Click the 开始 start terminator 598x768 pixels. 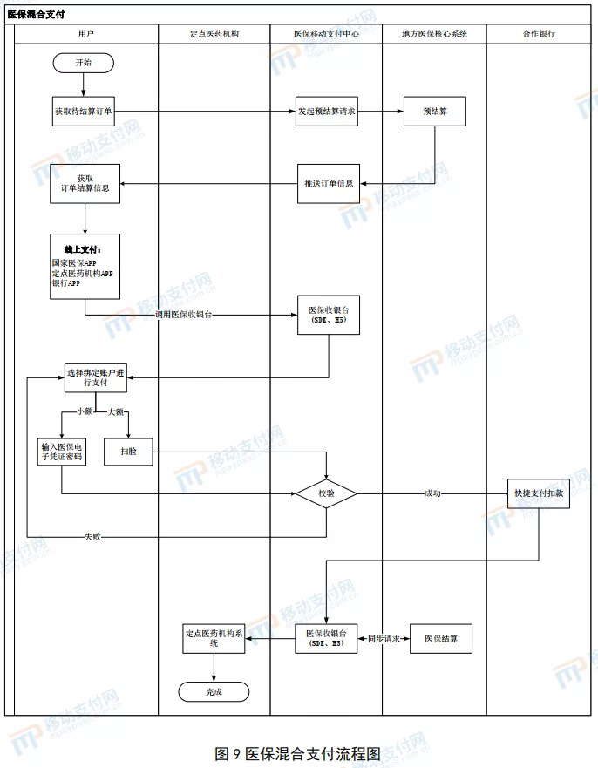pyautogui.click(x=83, y=63)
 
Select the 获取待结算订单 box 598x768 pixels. pyautogui.click(x=84, y=112)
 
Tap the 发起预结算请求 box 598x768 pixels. pyautogui.click(x=327, y=112)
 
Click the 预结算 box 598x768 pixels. pyautogui.click(x=434, y=112)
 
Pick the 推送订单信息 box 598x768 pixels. pyautogui.click(x=329, y=184)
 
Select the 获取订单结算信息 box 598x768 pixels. pyautogui.click(x=85, y=184)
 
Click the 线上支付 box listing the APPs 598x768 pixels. pyautogui.click(x=85, y=267)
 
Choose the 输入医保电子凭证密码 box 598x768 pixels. pyautogui.click(x=62, y=452)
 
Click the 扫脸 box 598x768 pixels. pyautogui.click(x=128, y=452)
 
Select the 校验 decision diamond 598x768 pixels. pyautogui.click(x=326, y=494)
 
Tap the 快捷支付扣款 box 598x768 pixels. pyautogui.click(x=539, y=494)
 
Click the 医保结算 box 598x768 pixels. pyautogui.click(x=440, y=639)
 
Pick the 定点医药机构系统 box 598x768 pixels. pyautogui.click(x=214, y=639)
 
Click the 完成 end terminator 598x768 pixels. pyautogui.click(x=214, y=691)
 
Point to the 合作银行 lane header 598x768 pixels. pyautogui.click(x=539, y=34)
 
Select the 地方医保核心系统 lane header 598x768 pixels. pyautogui.click(x=434, y=34)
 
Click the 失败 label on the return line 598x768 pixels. pyautogui.click(x=92, y=536)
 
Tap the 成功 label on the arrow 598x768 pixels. pyautogui.click(x=432, y=494)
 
